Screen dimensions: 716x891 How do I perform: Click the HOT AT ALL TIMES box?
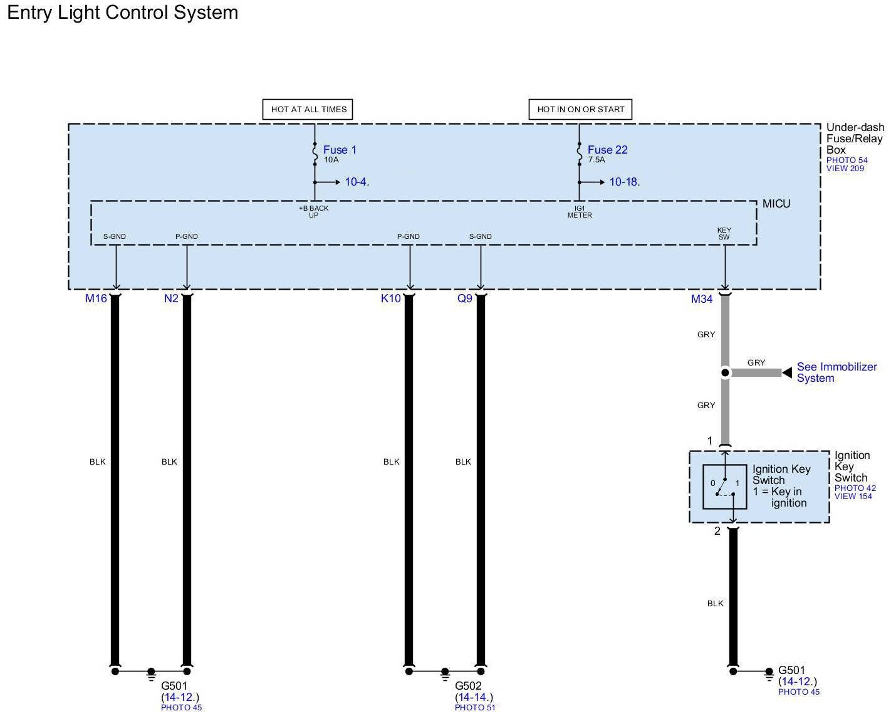coord(308,109)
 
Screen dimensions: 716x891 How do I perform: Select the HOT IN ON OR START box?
coord(580,109)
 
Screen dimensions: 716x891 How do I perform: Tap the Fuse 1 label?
coord(340,150)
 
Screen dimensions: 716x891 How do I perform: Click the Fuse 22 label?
coord(607,150)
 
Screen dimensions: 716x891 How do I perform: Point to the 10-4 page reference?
coord(356,182)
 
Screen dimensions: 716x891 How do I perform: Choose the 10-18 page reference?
coord(623,182)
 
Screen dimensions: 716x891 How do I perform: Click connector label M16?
coord(96,299)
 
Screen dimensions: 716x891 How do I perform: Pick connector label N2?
coord(171,299)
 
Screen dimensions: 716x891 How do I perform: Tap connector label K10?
coord(390,299)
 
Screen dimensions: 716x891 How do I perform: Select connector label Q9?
coord(464,299)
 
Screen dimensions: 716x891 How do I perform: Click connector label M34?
coord(702,300)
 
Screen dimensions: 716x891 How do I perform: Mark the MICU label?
coord(776,204)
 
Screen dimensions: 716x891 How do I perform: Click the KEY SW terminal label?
coord(724,234)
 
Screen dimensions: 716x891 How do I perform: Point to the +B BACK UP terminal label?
coord(313,212)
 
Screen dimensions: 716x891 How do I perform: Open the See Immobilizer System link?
coord(836,372)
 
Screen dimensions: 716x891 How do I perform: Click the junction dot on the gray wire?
coord(725,373)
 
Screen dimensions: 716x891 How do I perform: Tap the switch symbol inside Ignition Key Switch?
coord(725,487)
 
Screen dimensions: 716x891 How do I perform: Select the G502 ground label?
coord(468,686)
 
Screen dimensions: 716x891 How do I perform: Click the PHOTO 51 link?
coord(475,708)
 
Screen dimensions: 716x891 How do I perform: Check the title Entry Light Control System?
coord(123,13)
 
